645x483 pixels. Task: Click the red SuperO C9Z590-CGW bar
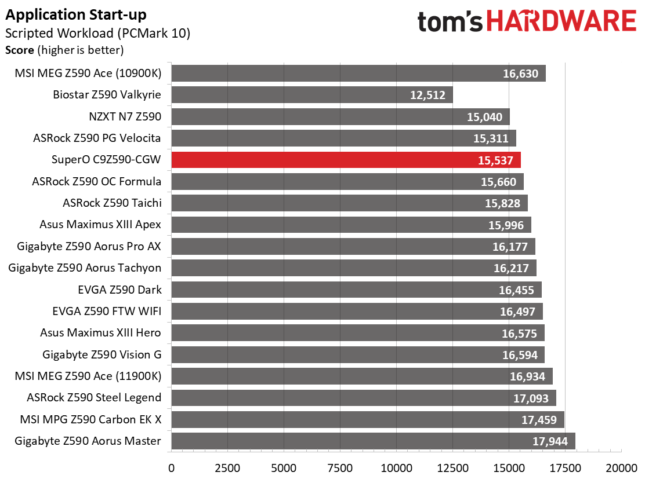tap(346, 160)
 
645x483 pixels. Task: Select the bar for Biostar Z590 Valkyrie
tap(312, 95)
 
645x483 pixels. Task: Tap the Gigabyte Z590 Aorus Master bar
tap(373, 441)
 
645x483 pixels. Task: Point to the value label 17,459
tap(539, 420)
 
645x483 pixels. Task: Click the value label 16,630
tap(520, 74)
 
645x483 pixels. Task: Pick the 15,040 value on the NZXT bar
tap(484, 117)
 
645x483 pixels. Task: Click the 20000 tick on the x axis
tap(621, 468)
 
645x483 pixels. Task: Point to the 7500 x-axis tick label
tap(340, 468)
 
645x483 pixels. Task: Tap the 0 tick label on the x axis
tap(172, 468)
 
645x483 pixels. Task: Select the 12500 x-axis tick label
tap(452, 468)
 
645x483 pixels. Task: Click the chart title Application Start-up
tap(76, 15)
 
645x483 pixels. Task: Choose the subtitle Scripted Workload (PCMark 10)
tap(97, 33)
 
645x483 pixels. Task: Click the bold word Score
tap(20, 50)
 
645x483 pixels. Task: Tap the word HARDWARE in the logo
tap(562, 21)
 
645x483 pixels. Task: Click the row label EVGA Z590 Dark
tap(119, 290)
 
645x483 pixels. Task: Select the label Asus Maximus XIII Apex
tap(100, 225)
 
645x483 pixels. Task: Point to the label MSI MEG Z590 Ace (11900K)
tap(88, 376)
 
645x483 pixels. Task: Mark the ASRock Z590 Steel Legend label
tap(94, 397)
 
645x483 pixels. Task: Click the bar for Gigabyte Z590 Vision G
tap(358, 355)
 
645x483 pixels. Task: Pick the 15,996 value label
tap(506, 225)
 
